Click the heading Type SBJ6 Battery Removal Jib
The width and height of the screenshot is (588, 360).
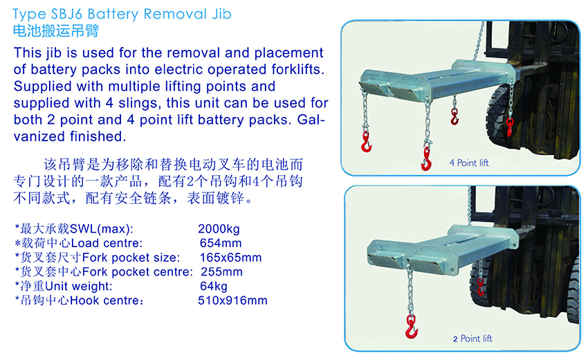click(122, 15)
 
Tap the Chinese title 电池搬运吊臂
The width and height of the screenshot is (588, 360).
click(56, 30)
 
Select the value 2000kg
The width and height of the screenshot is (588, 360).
click(219, 228)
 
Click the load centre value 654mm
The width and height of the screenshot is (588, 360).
click(221, 243)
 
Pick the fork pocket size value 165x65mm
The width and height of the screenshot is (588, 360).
click(230, 258)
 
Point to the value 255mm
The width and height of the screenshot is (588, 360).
click(221, 272)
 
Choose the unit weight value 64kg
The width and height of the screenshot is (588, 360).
click(213, 286)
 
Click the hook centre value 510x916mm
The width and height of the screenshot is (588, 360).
click(232, 300)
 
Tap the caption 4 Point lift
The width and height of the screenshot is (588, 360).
click(469, 163)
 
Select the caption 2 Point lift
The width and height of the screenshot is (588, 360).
click(472, 339)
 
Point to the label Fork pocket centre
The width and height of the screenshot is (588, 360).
click(137, 272)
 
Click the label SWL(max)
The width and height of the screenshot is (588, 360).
click(101, 228)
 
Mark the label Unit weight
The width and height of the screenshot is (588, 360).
click(78, 286)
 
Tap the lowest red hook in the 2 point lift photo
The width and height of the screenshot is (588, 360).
click(412, 327)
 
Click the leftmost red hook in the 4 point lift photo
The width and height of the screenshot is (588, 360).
click(366, 142)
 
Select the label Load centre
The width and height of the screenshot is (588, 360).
click(107, 243)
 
